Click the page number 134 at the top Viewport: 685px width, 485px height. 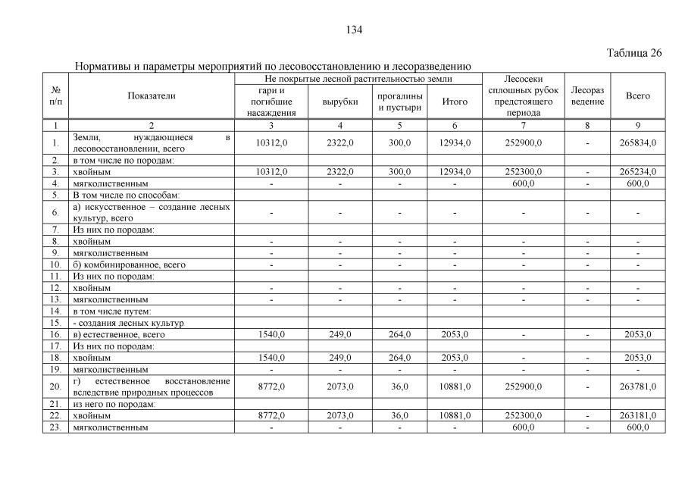pos(354,30)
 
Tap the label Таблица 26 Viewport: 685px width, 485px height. pos(635,53)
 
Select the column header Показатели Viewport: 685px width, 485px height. pos(151,96)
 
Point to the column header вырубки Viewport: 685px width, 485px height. pos(339,102)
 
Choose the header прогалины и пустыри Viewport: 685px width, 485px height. pos(399,102)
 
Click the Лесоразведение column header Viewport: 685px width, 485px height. pos(587,95)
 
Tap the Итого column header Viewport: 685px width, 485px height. pos(455,102)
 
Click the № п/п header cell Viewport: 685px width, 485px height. pos(56,96)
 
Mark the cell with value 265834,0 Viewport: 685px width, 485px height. pos(637,142)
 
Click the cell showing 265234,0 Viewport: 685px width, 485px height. pos(637,172)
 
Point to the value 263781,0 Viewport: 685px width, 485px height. pos(637,386)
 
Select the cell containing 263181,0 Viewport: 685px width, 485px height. pos(637,416)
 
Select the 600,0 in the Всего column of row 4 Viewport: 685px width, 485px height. pos(637,183)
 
